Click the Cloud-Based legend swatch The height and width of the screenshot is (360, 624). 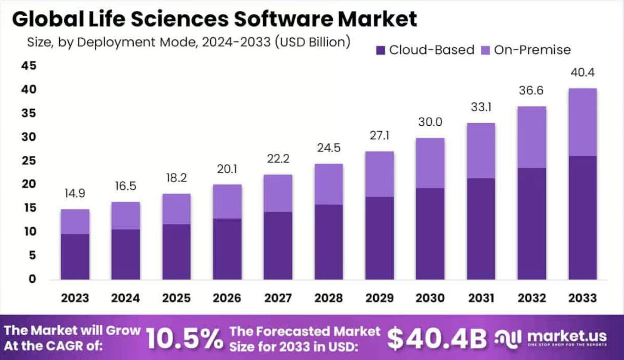click(x=381, y=50)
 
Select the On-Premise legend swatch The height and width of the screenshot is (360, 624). click(x=486, y=50)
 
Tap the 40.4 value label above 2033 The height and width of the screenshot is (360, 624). click(x=583, y=72)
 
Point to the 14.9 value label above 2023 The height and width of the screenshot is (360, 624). click(x=75, y=193)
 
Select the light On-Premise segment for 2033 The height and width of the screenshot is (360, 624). click(x=583, y=122)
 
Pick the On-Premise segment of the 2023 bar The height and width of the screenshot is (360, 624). click(x=75, y=222)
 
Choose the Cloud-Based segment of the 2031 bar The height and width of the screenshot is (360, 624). click(x=481, y=229)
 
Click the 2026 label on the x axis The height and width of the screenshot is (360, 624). click(x=227, y=298)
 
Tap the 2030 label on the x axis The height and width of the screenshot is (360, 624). click(x=430, y=298)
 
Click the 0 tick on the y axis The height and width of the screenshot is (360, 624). click(x=31, y=279)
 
